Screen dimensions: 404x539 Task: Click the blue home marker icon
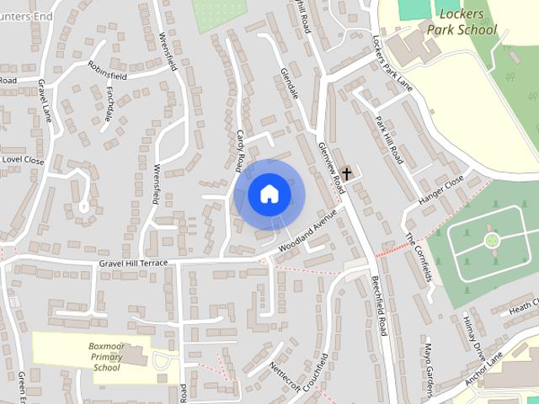[269, 194]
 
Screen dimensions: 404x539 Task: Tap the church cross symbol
[346, 173]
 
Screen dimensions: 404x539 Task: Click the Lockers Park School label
[462, 22]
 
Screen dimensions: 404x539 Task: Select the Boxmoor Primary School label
[107, 356]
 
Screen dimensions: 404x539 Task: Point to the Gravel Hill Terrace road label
[133, 263]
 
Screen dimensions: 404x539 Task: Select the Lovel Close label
[22, 159]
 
